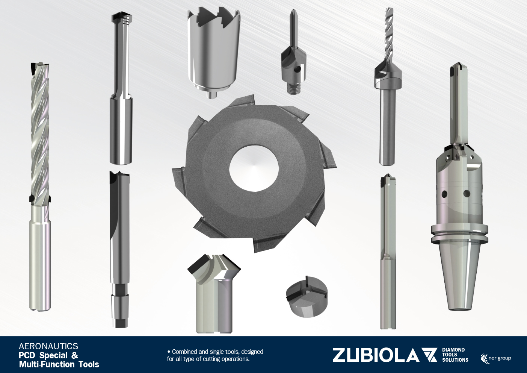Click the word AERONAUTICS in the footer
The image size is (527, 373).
[x=48, y=346]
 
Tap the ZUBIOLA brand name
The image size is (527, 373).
[x=376, y=355]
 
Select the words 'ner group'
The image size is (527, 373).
[x=500, y=358]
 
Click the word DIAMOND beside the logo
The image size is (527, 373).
[x=453, y=350]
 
